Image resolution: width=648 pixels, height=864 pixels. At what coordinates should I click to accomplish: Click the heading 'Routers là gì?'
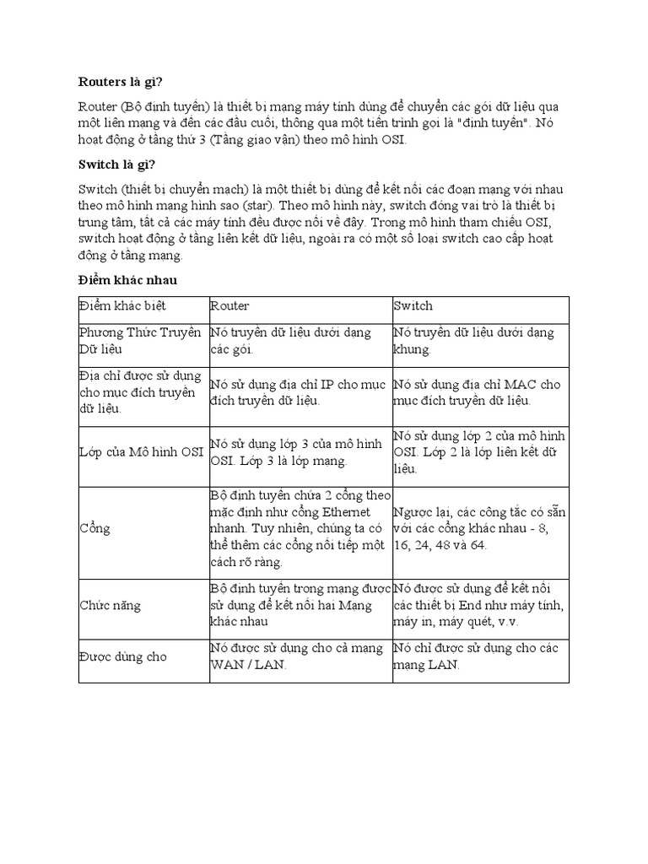[x=120, y=81]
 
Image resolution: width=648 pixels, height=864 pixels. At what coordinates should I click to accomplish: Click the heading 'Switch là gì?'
[x=117, y=163]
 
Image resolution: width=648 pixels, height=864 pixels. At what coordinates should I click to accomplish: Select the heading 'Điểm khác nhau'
[x=127, y=279]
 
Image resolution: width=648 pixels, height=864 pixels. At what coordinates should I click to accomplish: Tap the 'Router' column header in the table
[x=229, y=306]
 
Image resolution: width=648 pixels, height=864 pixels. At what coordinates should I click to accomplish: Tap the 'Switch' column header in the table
[x=413, y=306]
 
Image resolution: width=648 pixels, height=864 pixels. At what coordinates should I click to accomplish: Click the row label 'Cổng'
[x=94, y=528]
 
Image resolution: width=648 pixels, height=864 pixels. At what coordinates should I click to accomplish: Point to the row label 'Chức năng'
[x=110, y=606]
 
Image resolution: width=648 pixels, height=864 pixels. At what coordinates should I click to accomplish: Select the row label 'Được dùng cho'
[x=122, y=656]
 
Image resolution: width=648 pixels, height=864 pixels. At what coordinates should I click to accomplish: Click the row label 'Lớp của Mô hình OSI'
[x=141, y=451]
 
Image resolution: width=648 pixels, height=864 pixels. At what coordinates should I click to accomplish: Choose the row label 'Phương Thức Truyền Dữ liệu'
[x=139, y=341]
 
